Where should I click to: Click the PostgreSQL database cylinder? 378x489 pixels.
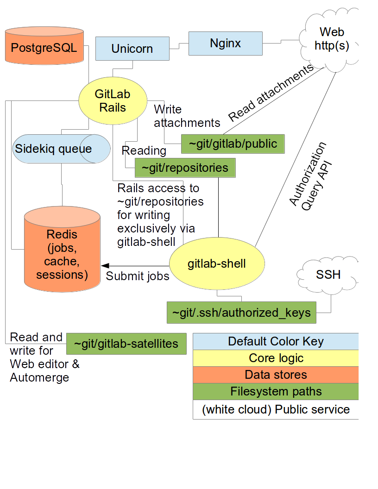point(44,48)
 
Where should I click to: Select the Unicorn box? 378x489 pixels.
point(132,49)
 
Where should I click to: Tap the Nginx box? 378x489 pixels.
point(225,44)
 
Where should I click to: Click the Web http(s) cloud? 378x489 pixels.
point(331,40)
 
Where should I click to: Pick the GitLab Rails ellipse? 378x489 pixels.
point(113,100)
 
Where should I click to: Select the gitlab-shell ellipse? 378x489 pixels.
point(217,264)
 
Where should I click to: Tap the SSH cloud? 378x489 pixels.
point(328,275)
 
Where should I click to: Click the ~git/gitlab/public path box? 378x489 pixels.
point(232,144)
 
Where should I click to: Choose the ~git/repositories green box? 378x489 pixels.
point(185,168)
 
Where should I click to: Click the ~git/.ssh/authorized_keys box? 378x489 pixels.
point(241,313)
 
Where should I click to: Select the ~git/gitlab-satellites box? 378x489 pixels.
point(126,344)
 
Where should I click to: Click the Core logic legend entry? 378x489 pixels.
point(276,358)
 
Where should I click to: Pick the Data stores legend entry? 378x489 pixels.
point(276,375)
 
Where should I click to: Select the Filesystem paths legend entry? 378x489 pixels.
point(276,391)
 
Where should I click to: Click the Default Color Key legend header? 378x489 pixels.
point(276,341)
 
